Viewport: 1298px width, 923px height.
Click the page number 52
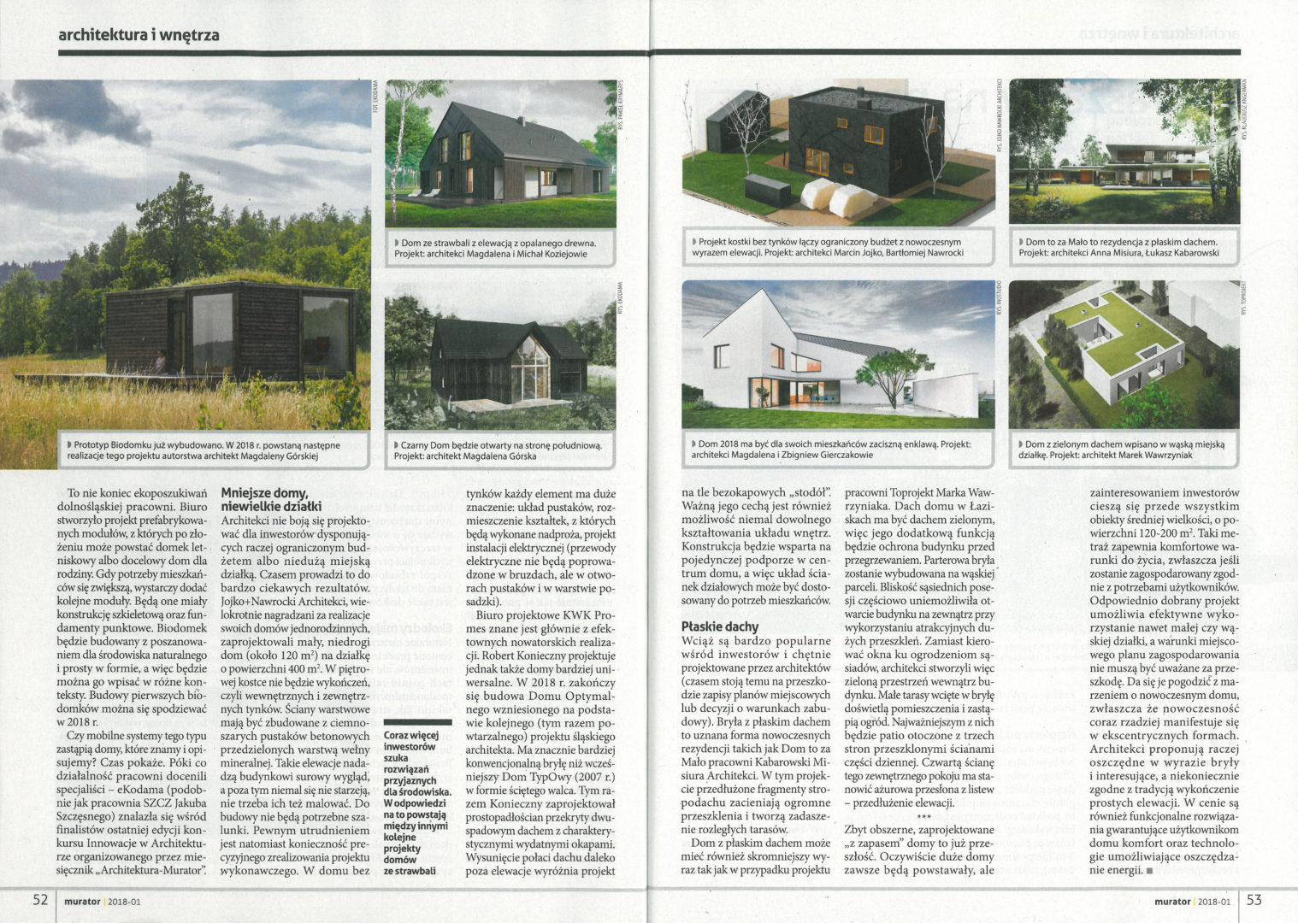(40, 900)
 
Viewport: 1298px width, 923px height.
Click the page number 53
(1254, 900)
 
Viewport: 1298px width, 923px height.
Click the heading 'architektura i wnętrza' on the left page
(139, 35)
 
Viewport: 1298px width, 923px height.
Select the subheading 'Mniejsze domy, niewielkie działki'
(264, 499)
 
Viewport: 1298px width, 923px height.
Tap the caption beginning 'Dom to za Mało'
(1122, 247)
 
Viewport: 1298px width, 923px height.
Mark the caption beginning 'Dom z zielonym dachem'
(1122, 450)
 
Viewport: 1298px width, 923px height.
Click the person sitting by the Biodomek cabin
(160, 363)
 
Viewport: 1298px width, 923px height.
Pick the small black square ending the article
(1148, 871)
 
